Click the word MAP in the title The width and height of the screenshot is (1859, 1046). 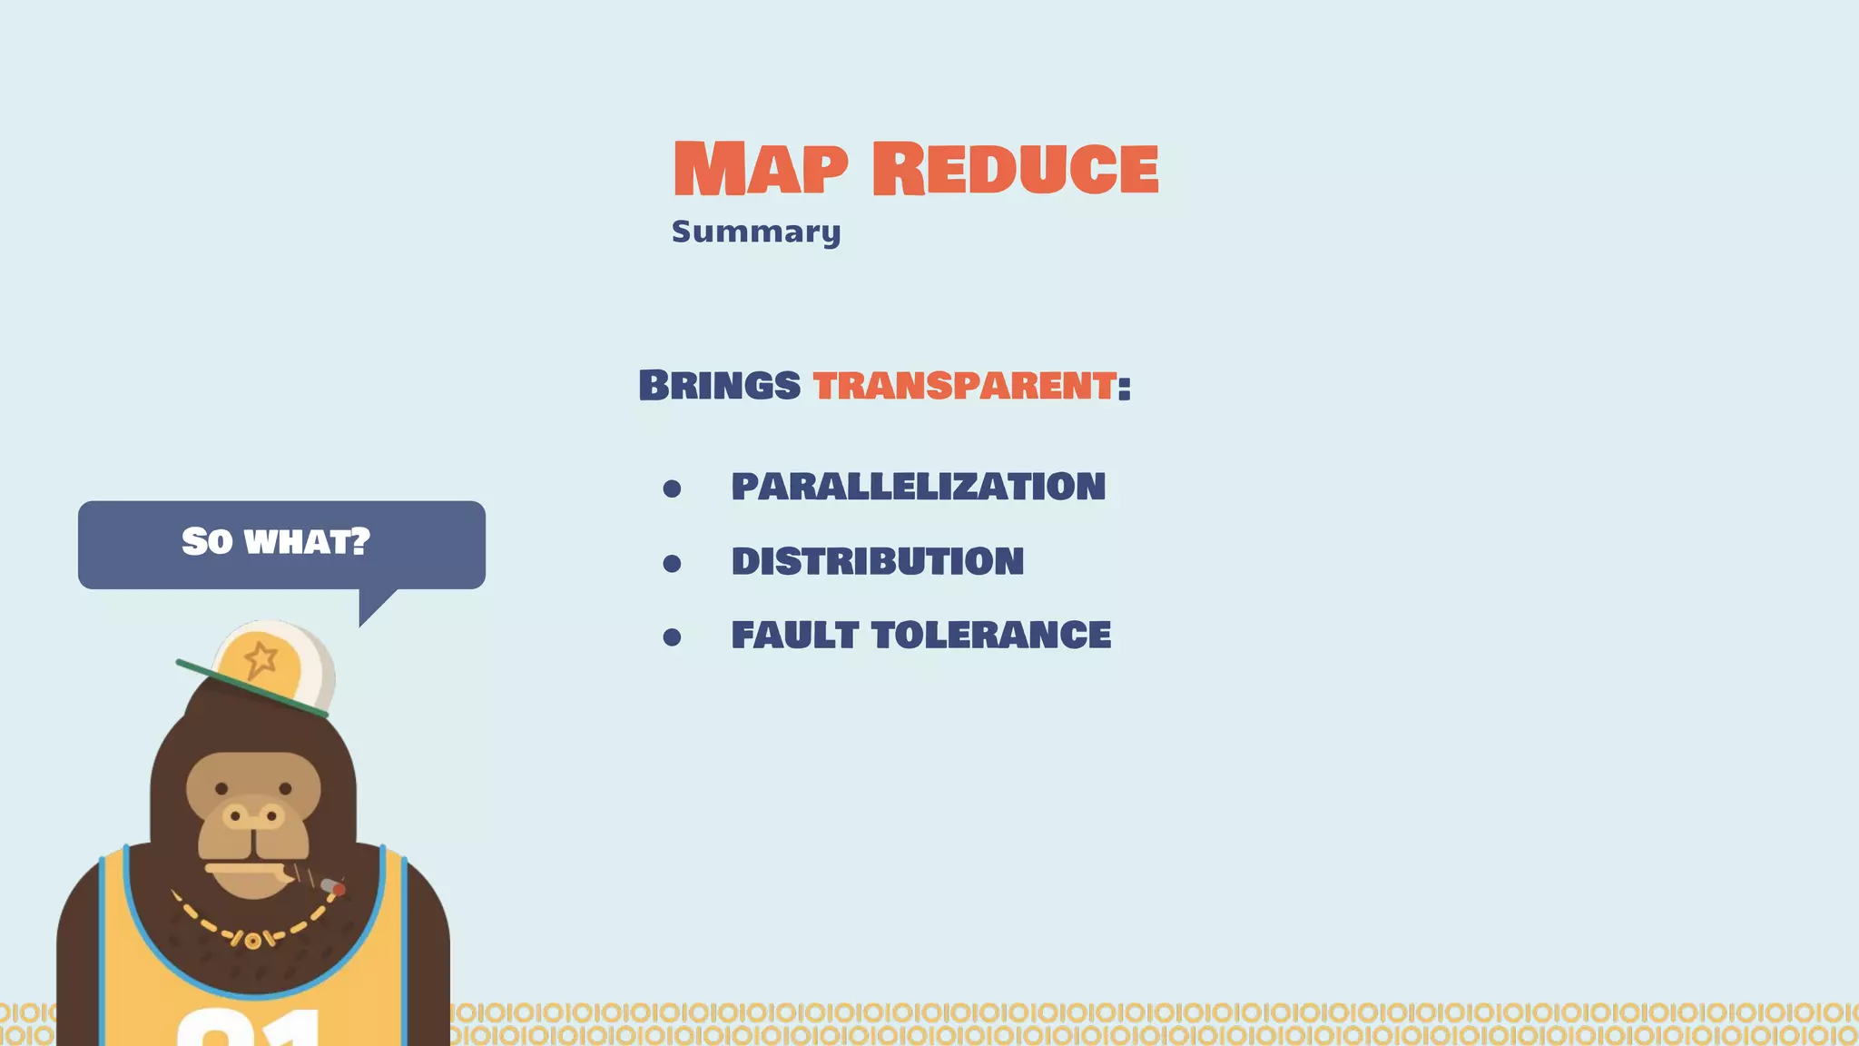760,169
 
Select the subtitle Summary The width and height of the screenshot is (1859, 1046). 756,232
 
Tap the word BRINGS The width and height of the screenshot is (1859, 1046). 719,385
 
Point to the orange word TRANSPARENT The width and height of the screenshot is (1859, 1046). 964,385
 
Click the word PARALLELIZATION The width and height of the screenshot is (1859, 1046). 918,487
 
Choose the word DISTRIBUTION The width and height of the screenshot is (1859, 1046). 877,561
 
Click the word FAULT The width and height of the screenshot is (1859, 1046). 794,635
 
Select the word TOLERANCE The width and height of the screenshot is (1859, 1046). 990,635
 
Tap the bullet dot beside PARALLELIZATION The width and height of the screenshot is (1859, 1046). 672,489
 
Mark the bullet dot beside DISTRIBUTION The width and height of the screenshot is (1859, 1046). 672,564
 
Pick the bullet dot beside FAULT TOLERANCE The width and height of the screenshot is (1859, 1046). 672,637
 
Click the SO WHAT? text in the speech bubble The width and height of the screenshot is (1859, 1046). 276,542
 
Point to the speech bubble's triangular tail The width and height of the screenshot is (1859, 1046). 373,605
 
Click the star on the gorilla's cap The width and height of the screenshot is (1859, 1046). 261,658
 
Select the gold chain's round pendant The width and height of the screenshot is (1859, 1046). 252,941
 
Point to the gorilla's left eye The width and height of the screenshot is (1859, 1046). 222,789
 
